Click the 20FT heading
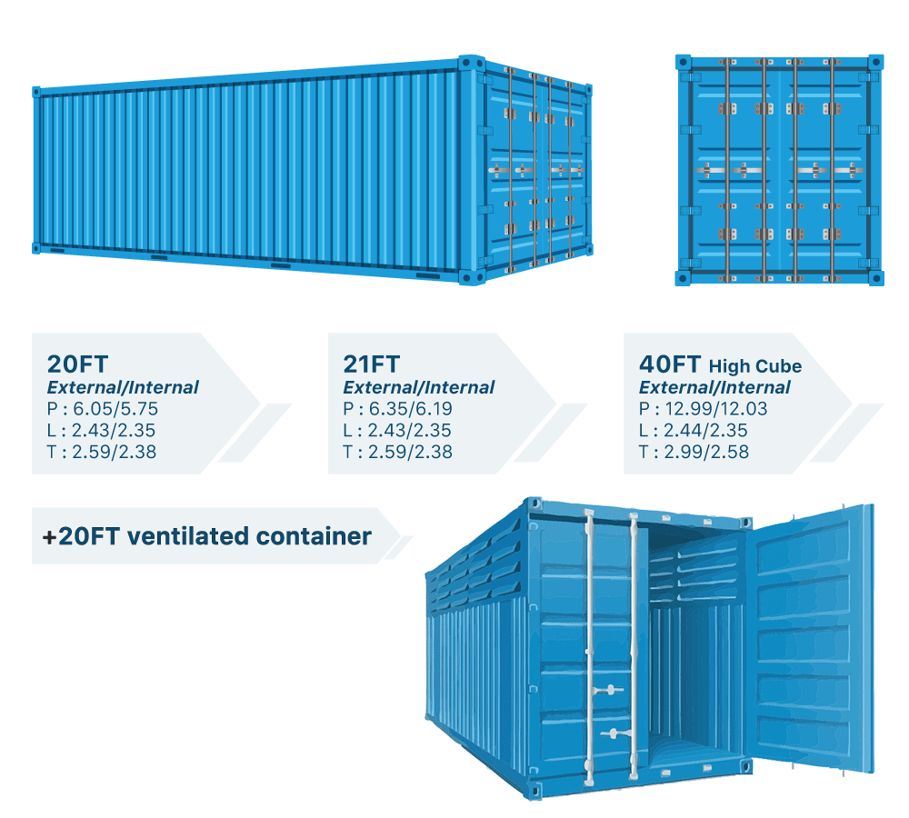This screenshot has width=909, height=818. pos(77,364)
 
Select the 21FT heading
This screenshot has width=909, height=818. pos(372,364)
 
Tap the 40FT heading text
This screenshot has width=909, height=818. pos(670,364)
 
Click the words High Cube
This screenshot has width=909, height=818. pos(755,366)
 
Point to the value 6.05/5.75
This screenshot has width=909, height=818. pos(115,409)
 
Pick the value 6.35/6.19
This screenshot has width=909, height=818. pos(411,409)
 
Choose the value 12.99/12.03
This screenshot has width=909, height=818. pos(716,409)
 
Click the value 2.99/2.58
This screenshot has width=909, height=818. pos(706,452)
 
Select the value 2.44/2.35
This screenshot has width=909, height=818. pos(705,430)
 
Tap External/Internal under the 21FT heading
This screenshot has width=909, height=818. pos(418,387)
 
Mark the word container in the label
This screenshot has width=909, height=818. pos(314,536)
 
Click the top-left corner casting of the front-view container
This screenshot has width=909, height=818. pos(684,62)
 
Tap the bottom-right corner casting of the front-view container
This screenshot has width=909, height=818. pos(876,278)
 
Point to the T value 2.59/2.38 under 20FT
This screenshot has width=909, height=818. pos(115,452)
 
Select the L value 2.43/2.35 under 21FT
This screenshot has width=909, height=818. pos(410,430)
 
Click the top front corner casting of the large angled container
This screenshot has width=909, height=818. pos(471,64)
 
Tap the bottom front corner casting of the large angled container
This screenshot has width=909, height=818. pos(472,277)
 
